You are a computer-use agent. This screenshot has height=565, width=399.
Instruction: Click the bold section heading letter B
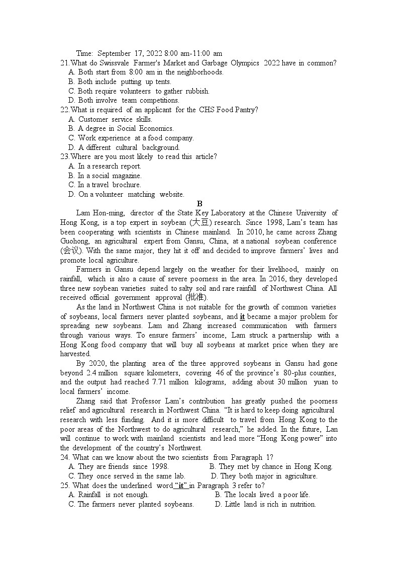(199, 204)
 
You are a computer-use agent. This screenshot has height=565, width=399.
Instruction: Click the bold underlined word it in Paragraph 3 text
(242, 316)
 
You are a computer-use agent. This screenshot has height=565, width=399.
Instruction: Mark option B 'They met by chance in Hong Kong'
(271, 466)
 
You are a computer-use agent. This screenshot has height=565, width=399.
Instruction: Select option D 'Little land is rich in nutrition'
(265, 504)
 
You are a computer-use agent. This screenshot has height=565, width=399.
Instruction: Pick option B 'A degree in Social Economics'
(121, 128)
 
